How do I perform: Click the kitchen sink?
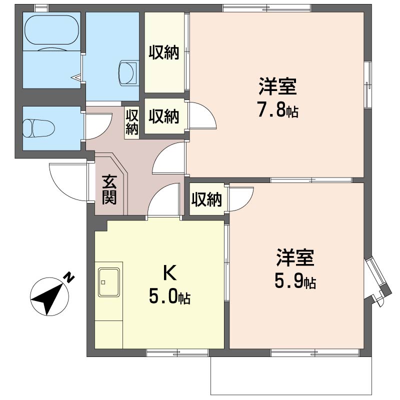(109, 282)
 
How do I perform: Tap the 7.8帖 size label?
(277, 110)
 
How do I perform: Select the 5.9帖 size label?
(295, 282)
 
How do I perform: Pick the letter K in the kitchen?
(169, 273)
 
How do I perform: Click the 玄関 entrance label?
(109, 189)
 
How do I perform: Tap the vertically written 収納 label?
(132, 121)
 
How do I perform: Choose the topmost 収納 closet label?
(163, 52)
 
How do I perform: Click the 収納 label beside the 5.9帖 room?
(206, 199)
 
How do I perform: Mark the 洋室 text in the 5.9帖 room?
(295, 259)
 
